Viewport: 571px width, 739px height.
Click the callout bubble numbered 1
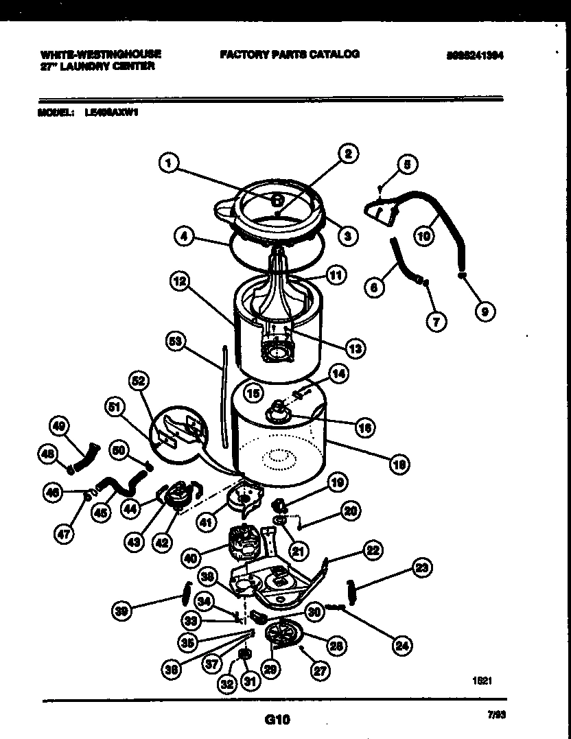[x=169, y=163]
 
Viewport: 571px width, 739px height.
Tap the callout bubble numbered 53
[x=178, y=340]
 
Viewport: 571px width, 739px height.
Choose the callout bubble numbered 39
[x=122, y=611]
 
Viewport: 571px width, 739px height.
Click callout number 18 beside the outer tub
[x=398, y=465]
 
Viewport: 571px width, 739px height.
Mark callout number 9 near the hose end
[x=485, y=311]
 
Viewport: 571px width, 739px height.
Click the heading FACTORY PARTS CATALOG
[x=289, y=54]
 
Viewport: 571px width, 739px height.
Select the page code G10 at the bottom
[x=277, y=720]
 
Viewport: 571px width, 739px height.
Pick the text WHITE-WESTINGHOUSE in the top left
[x=101, y=54]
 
